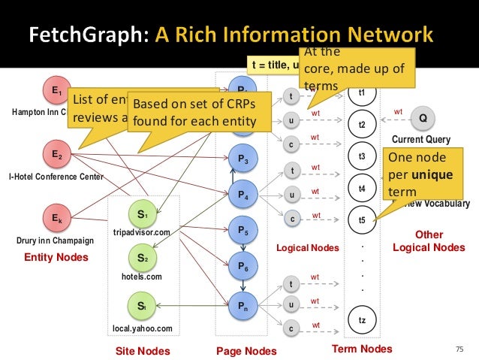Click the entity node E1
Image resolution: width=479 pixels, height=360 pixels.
click(56, 92)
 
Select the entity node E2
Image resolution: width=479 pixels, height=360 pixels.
click(56, 156)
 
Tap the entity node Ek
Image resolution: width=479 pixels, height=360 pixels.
click(56, 220)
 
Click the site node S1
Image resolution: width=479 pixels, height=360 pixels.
click(143, 215)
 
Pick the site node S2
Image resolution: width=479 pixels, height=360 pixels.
click(143, 258)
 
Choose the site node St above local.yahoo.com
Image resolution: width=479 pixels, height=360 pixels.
click(143, 306)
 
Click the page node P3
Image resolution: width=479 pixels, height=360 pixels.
click(243, 159)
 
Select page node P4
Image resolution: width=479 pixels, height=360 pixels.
click(243, 195)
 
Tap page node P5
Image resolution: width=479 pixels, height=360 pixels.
click(243, 228)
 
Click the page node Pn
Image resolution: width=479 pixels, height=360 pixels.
click(243, 306)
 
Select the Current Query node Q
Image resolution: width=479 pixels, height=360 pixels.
click(423, 118)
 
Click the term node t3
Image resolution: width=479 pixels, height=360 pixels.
click(362, 156)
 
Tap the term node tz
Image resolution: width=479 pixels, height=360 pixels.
click(362, 320)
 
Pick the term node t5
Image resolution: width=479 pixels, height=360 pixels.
click(362, 220)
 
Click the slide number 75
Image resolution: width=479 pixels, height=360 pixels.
click(460, 349)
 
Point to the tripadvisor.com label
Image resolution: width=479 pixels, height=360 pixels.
click(142, 233)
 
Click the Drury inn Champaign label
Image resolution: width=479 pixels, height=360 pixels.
click(55, 241)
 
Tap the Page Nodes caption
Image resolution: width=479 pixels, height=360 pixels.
click(246, 351)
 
